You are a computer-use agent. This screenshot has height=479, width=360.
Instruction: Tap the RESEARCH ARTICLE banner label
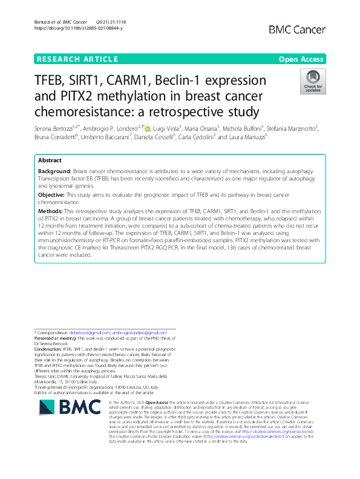[77, 59]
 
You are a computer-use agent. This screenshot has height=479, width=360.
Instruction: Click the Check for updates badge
[313, 81]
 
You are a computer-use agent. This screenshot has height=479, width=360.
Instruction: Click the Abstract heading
[50, 160]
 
